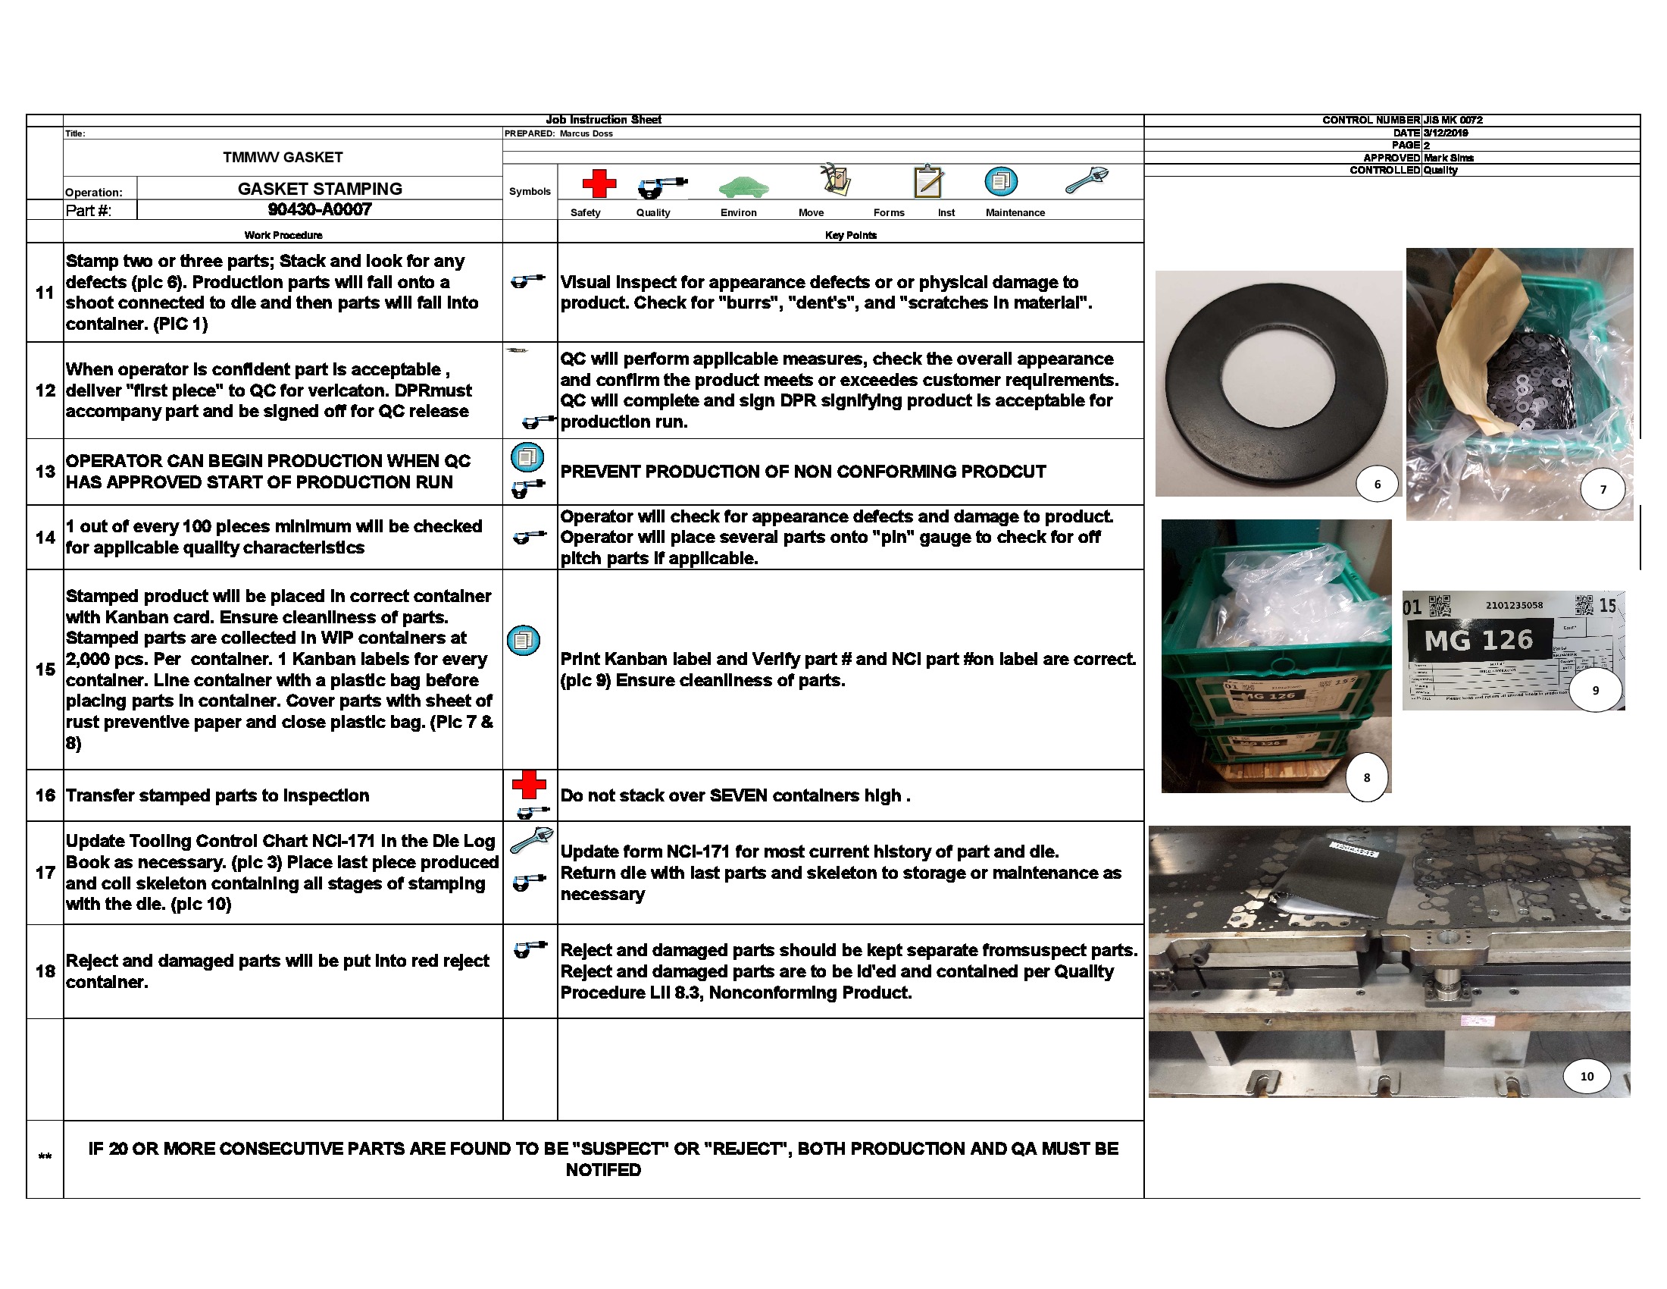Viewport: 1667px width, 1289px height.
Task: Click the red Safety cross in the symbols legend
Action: (599, 183)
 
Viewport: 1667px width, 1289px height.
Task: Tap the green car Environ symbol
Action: (743, 187)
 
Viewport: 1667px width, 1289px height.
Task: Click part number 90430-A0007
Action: (319, 209)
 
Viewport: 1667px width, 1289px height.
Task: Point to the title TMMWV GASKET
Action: (283, 157)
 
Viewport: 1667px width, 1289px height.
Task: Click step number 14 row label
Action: (45, 537)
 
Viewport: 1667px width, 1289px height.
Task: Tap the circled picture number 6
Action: (1377, 485)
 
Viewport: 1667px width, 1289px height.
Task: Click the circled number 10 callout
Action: (1587, 1076)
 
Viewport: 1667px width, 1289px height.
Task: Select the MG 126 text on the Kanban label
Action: (1478, 639)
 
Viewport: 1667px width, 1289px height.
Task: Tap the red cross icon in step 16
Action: (529, 784)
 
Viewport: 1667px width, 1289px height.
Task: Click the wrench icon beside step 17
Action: (530, 839)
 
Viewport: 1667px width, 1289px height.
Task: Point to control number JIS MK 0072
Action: (1453, 120)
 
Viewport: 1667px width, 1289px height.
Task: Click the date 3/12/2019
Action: (1445, 133)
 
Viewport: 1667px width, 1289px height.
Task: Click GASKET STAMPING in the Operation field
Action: (319, 189)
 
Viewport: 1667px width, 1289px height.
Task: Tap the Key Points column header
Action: (850, 235)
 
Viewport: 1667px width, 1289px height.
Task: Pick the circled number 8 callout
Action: (1366, 777)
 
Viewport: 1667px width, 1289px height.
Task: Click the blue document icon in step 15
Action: (524, 640)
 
